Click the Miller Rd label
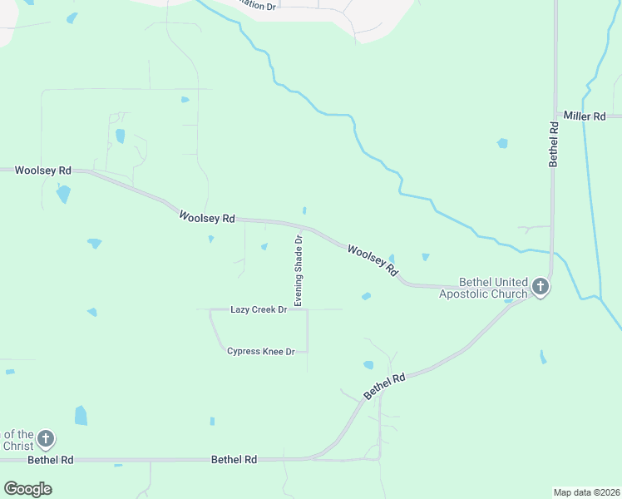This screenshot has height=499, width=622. [585, 116]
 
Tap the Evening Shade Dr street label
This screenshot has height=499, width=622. [298, 269]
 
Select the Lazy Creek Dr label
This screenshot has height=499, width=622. [259, 310]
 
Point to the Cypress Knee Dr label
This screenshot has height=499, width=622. [261, 352]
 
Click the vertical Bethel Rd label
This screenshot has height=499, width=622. [554, 145]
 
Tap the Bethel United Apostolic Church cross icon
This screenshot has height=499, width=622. [541, 288]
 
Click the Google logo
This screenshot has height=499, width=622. [27, 489]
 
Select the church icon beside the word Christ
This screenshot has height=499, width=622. [46, 438]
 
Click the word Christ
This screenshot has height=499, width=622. [17, 446]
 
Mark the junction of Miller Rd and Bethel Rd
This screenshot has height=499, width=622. [555, 115]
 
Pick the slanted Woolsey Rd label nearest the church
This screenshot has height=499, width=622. [373, 260]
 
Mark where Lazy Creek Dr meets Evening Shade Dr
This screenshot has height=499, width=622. [307, 310]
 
